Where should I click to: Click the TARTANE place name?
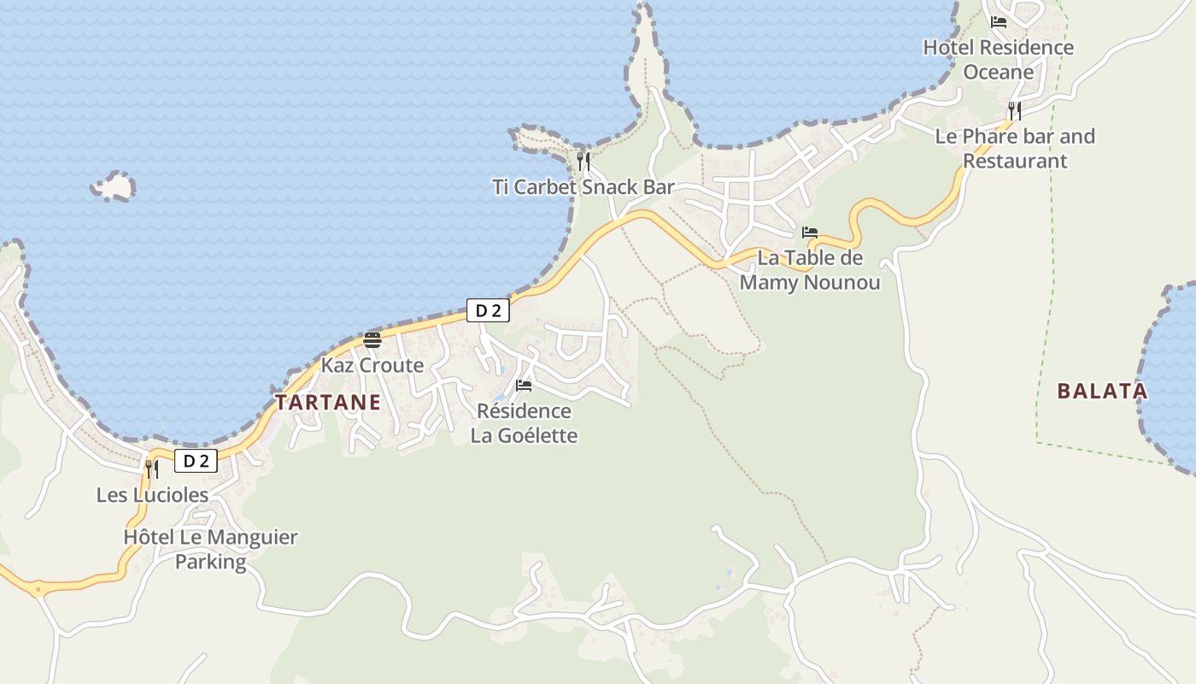(x=328, y=403)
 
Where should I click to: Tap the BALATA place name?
(x=1102, y=392)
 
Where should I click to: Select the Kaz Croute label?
(x=372, y=365)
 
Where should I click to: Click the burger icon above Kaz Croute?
(x=372, y=340)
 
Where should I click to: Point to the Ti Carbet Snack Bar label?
(x=583, y=187)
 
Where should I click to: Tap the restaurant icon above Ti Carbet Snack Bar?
(x=583, y=162)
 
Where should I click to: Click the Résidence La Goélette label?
(x=524, y=423)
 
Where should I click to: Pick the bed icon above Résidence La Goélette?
(x=524, y=386)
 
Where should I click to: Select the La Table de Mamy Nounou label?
(x=809, y=269)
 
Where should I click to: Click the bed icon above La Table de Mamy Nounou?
(x=809, y=233)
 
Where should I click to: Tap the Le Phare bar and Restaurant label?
(x=1015, y=148)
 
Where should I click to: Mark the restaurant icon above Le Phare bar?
(x=1014, y=111)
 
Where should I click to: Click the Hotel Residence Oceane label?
(x=998, y=59)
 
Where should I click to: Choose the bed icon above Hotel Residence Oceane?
(x=998, y=22)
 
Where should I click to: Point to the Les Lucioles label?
(x=152, y=495)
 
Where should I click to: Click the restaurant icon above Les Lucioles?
(x=151, y=469)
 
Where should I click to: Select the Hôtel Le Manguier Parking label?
(x=210, y=549)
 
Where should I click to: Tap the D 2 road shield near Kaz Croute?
(x=488, y=310)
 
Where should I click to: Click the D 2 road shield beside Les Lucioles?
(x=196, y=462)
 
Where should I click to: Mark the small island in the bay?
(x=114, y=186)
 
